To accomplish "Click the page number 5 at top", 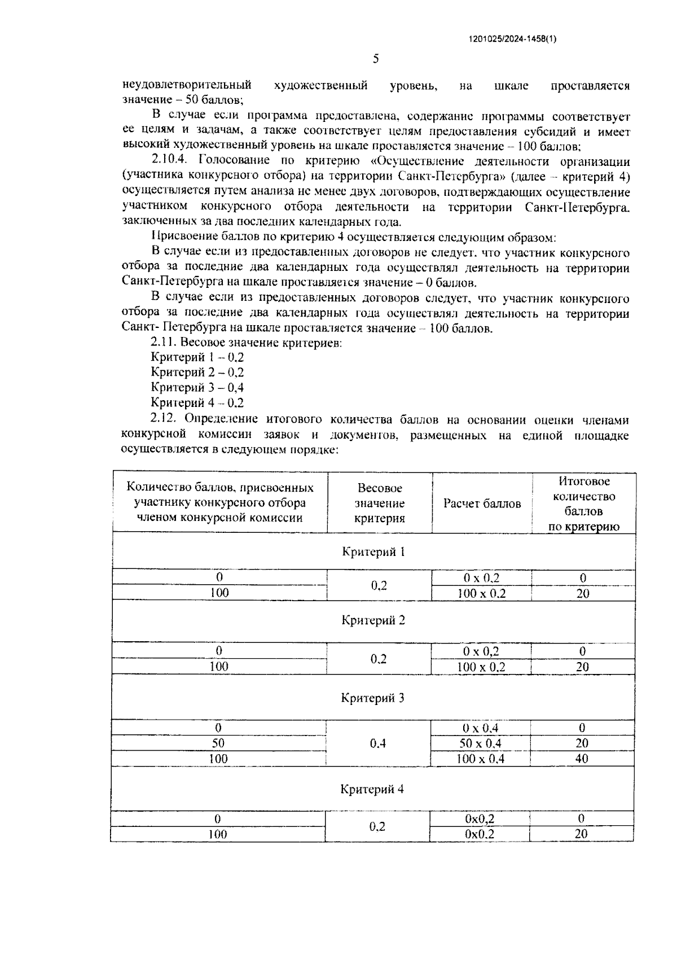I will point(376,59).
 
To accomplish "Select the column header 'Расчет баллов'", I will point(482,503).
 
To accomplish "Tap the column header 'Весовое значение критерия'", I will point(379,503).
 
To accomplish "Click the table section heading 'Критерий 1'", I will point(373,551).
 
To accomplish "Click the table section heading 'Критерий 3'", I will point(372,698).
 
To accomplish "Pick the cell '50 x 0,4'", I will point(480,743).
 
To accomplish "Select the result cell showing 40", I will point(582,759).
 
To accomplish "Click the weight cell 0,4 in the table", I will point(378,743).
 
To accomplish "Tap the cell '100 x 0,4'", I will point(480,759).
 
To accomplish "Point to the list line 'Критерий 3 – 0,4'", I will point(197,387).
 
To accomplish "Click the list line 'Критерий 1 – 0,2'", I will point(197,357).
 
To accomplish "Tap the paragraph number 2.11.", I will point(165,342).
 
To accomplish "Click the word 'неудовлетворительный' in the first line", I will point(186,86).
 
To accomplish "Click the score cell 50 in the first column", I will point(218,743).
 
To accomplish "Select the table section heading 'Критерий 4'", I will point(372,789).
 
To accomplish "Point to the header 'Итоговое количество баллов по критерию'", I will point(584,503).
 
